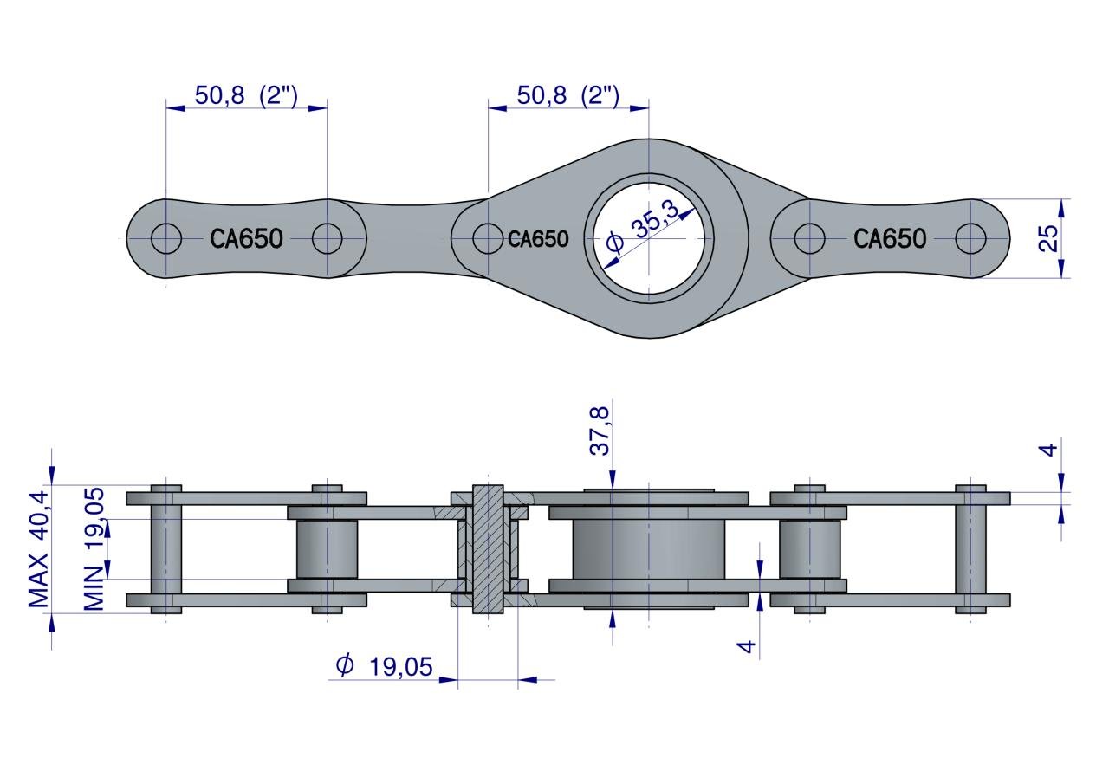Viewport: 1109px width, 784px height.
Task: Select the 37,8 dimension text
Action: tap(600, 431)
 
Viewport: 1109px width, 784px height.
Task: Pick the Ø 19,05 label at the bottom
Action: tap(384, 666)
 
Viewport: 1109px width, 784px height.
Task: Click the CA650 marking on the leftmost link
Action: tap(246, 238)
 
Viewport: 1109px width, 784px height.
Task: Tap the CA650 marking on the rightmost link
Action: tap(890, 238)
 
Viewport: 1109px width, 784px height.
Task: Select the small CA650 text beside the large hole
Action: tap(538, 238)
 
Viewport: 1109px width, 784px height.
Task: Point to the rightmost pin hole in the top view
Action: tap(970, 238)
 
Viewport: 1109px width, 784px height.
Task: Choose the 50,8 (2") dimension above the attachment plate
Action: tap(567, 95)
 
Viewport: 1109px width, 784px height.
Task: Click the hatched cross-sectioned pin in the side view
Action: tap(488, 549)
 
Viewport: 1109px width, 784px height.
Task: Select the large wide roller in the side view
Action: tap(648, 549)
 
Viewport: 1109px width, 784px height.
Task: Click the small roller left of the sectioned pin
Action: tap(327, 549)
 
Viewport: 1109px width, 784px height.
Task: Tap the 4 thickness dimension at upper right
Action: tap(1049, 450)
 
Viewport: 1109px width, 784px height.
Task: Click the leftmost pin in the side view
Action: tap(165, 549)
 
